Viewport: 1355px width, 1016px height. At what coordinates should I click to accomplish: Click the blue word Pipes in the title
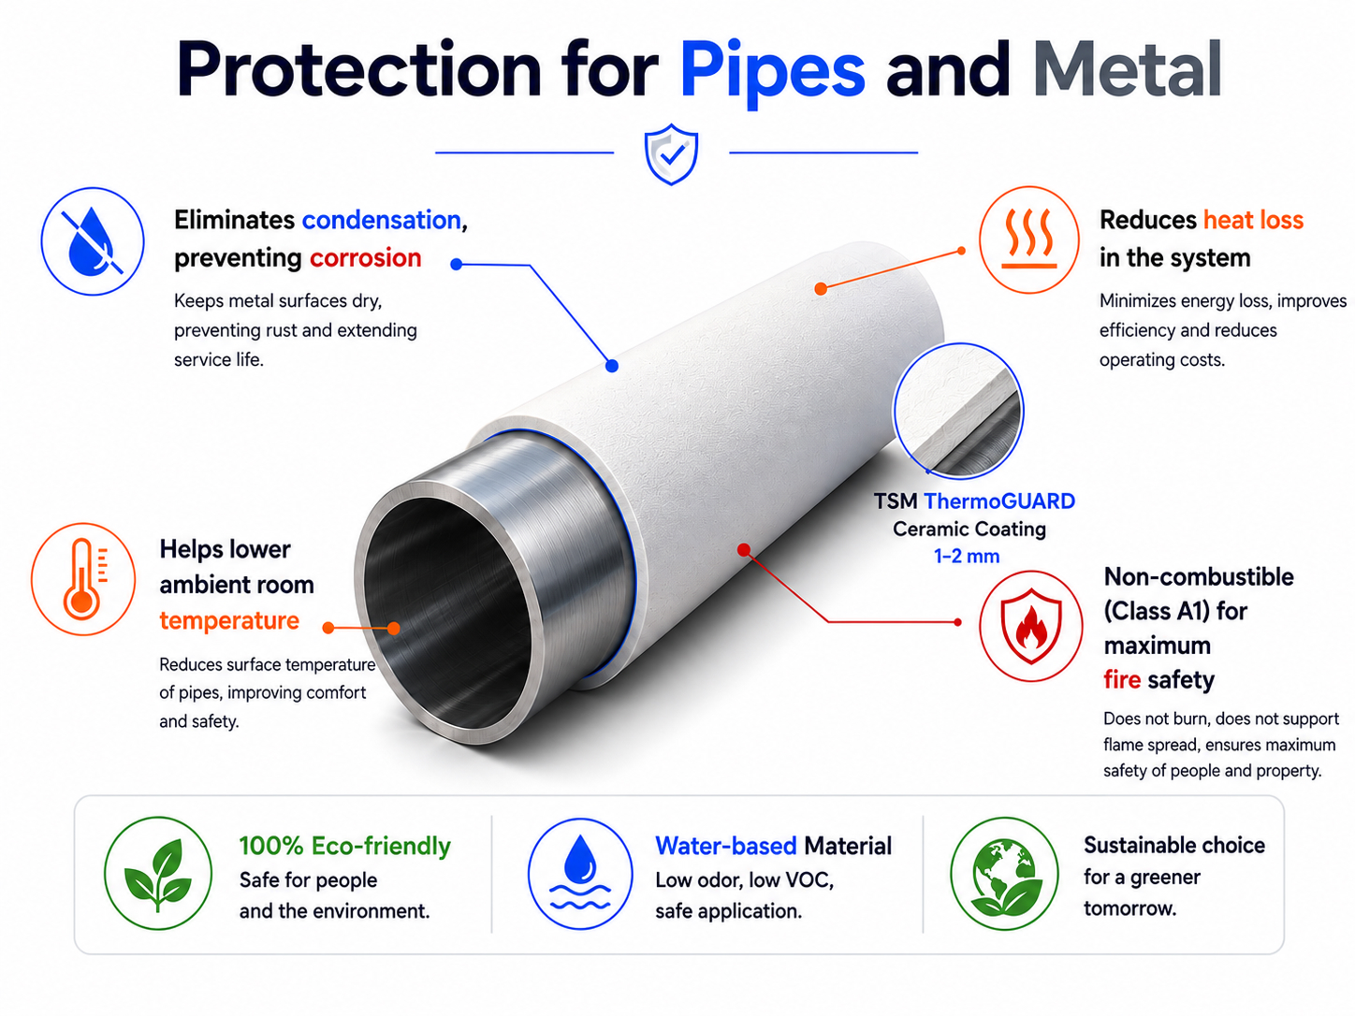(x=772, y=72)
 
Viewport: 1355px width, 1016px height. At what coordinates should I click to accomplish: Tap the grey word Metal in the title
(x=1129, y=68)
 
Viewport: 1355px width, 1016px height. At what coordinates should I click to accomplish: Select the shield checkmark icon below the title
(x=671, y=154)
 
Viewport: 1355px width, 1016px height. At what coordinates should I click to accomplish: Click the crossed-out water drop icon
(x=93, y=241)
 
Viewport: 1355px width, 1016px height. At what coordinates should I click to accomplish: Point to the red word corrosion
(x=366, y=258)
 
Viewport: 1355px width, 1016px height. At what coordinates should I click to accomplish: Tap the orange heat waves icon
(x=1029, y=239)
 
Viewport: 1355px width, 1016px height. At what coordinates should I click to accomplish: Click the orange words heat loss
(x=1253, y=220)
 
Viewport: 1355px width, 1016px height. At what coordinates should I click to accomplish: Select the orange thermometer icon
(x=83, y=578)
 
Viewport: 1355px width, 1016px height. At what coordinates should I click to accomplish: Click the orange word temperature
(x=229, y=620)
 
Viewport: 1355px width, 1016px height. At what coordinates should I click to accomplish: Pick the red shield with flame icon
(x=1031, y=626)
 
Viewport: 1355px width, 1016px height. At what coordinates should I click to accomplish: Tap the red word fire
(x=1122, y=680)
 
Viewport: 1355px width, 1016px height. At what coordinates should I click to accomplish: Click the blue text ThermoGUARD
(x=999, y=501)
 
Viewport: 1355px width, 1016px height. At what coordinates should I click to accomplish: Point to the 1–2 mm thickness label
(x=967, y=556)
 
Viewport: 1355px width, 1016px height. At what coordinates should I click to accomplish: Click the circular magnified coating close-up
(x=958, y=411)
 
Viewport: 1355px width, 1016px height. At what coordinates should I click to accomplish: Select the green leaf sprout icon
(x=158, y=874)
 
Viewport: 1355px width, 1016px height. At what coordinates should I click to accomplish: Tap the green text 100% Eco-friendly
(x=345, y=846)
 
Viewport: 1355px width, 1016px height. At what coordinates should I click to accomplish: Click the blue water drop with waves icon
(x=580, y=874)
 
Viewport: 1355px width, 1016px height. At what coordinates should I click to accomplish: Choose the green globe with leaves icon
(x=1005, y=874)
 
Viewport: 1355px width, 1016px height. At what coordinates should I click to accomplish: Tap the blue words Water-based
(x=726, y=846)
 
